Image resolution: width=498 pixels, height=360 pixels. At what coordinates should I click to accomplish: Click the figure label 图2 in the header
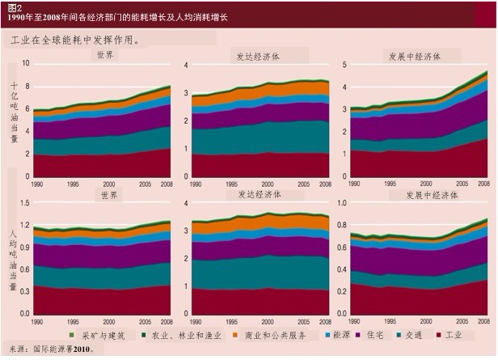click(x=15, y=7)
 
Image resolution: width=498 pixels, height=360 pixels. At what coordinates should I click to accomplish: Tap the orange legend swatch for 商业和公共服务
click(x=235, y=335)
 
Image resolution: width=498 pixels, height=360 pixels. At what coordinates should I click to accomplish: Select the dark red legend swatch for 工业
click(x=439, y=335)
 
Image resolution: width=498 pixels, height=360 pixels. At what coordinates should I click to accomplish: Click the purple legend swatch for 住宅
click(x=358, y=335)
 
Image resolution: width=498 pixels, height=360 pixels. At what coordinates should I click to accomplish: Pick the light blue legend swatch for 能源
click(x=327, y=335)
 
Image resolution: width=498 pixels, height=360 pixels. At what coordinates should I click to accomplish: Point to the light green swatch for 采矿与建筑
click(x=72, y=335)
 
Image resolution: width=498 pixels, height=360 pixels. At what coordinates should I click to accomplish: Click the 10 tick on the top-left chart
click(x=26, y=63)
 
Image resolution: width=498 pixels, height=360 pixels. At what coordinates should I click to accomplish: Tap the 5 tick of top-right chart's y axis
click(x=344, y=65)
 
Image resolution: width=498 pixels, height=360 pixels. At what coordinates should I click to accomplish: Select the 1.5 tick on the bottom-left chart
click(x=25, y=203)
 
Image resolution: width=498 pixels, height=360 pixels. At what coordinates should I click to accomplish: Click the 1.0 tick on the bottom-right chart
click(x=342, y=203)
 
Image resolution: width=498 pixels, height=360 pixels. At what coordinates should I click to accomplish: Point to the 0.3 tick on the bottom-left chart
click(x=25, y=291)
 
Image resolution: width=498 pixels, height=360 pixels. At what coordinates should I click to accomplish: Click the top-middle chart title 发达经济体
click(x=258, y=57)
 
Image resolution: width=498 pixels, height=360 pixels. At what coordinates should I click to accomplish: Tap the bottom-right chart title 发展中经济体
click(x=432, y=195)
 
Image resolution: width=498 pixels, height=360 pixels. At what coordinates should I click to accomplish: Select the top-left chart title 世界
click(x=105, y=55)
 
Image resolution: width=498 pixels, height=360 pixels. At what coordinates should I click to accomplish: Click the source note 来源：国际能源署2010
click(x=52, y=349)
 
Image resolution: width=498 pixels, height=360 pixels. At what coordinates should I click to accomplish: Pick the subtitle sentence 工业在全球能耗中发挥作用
click(x=75, y=40)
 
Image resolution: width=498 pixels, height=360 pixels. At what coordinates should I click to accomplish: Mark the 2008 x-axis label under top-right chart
click(x=483, y=184)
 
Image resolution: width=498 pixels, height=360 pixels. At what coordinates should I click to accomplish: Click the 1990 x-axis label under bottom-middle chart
click(x=196, y=321)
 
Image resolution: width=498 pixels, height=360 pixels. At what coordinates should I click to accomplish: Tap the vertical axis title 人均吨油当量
click(x=13, y=260)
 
